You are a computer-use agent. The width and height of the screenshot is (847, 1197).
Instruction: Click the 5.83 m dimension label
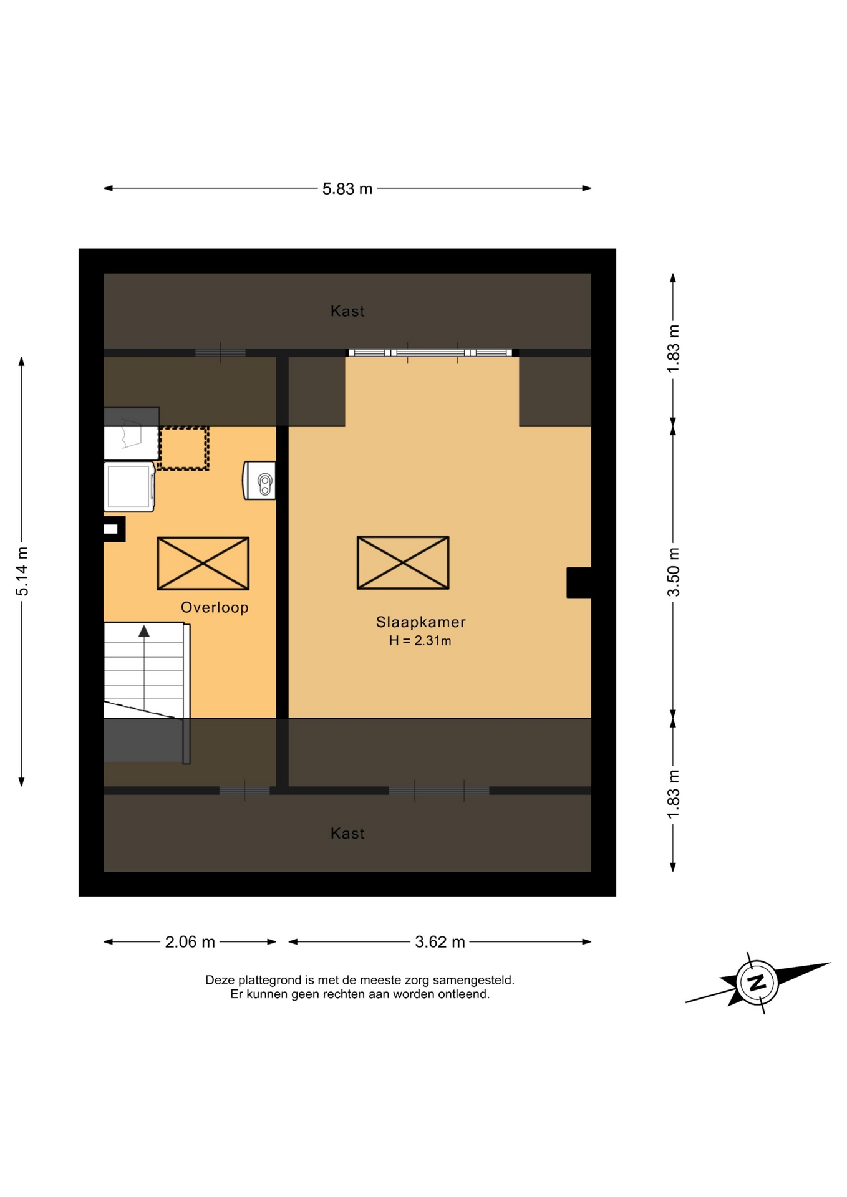tap(347, 188)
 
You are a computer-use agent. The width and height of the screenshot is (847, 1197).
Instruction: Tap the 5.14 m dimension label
tap(22, 571)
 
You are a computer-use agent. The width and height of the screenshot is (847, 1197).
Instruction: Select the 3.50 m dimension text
tap(674, 572)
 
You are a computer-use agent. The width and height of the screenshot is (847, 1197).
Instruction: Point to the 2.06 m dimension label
tap(190, 941)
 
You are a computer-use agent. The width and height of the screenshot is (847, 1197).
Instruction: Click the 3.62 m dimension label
tap(440, 941)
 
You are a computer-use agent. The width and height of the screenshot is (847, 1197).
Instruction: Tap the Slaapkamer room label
tap(421, 622)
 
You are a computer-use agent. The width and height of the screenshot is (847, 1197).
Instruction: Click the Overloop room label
tap(215, 607)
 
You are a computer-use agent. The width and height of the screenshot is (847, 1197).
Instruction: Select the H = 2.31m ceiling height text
tap(420, 640)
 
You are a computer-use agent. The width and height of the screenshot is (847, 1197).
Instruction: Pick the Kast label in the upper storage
tap(347, 311)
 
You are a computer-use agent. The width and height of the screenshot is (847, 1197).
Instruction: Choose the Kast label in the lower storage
tap(347, 834)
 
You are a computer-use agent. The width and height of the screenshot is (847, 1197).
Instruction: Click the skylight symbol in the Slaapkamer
tap(403, 562)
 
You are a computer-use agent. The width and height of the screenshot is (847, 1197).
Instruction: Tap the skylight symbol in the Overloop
tap(203, 563)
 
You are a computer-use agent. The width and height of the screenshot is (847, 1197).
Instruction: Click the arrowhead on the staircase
tap(144, 631)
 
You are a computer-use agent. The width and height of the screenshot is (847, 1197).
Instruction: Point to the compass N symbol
tap(757, 983)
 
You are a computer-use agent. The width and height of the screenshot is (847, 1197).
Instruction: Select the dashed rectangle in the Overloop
tap(183, 448)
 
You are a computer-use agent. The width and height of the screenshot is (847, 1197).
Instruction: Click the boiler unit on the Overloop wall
tap(259, 480)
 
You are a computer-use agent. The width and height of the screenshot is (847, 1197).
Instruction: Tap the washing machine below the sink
tap(129, 486)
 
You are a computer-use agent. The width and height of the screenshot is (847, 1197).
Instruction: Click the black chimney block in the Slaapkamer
tap(579, 582)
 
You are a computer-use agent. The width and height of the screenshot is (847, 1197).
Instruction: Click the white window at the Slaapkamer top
tap(432, 353)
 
